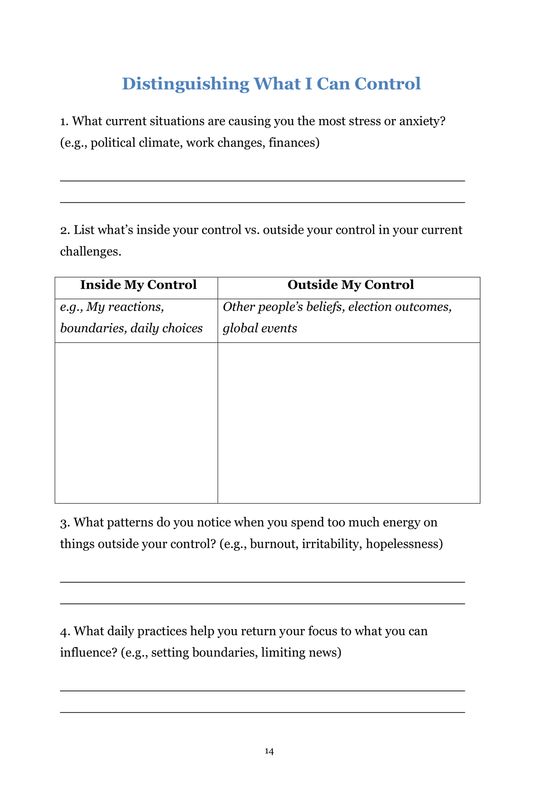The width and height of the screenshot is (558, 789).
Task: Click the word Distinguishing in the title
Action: (185, 84)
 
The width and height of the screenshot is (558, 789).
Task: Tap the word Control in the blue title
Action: (387, 84)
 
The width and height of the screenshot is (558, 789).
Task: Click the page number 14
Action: (269, 751)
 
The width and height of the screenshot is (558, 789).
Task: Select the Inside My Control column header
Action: (138, 285)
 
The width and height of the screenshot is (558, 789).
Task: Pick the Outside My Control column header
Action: (350, 285)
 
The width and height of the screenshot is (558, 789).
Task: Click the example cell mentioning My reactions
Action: (131, 317)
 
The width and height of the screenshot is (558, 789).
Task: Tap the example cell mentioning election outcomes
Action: (337, 317)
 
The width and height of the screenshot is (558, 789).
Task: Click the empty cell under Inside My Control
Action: (136, 423)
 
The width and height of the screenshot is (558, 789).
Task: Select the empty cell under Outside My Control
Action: (349, 423)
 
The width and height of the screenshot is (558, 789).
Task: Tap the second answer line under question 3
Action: (263, 603)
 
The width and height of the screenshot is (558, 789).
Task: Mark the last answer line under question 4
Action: (263, 712)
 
